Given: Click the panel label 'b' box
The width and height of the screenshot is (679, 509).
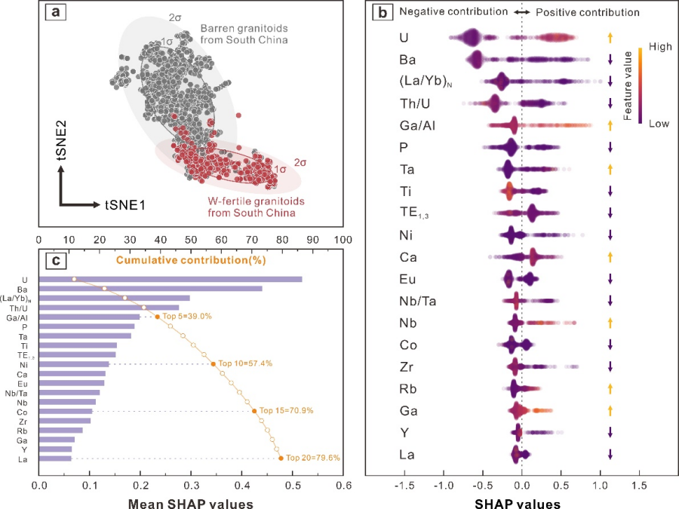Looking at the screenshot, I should tap(383, 13).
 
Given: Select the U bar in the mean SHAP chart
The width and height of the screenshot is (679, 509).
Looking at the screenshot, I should tap(170, 279).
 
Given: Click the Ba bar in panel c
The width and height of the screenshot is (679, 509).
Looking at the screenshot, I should tap(150, 288).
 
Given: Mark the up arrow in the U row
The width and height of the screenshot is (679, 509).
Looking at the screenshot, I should tap(610, 37).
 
